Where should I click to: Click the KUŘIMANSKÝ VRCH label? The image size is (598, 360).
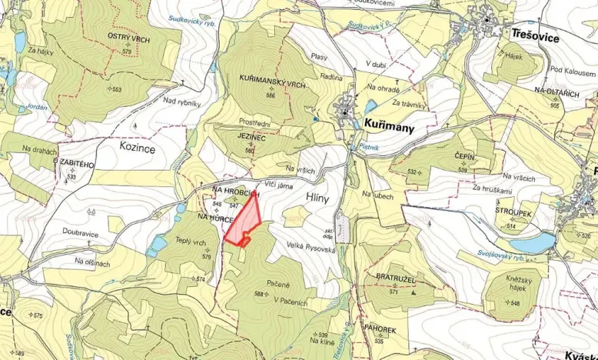263,86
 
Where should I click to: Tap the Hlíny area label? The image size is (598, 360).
317,198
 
